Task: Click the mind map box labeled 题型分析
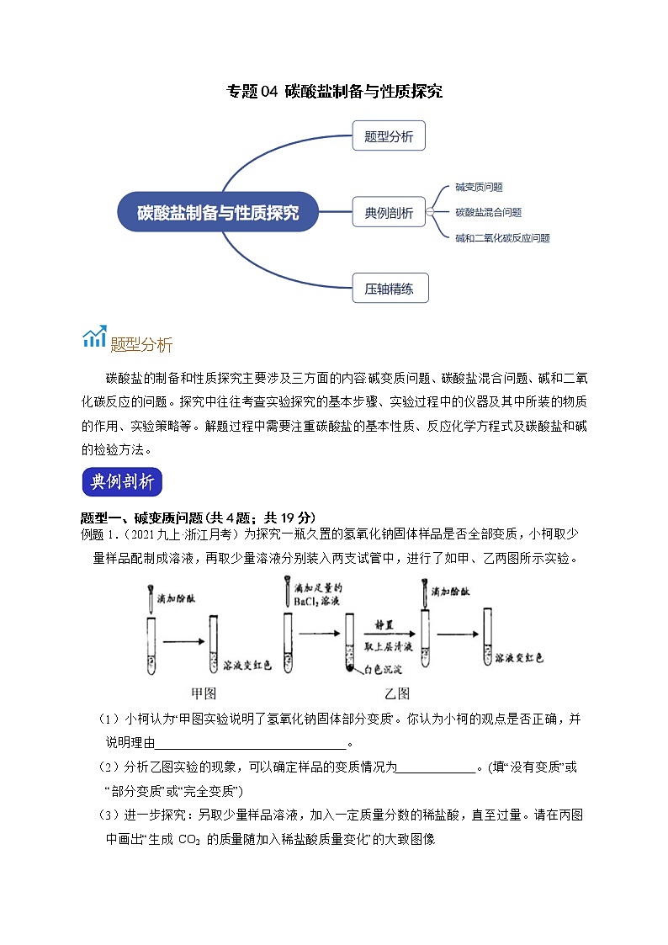pos(389,136)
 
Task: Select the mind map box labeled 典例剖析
pos(389,213)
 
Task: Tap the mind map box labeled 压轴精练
pos(390,289)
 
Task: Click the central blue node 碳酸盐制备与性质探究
pos(218,212)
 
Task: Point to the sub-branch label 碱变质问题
pos(479,187)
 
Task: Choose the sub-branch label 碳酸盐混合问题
pos(488,213)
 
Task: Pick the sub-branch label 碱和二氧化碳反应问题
pos(502,238)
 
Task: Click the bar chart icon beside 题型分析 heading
pos(93,337)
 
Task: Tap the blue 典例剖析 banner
pos(122,482)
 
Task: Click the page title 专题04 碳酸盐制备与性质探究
pos(335,91)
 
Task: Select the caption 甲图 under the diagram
pos(204,693)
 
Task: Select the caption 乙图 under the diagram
pos(396,693)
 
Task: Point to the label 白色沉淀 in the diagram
pos(379,670)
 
